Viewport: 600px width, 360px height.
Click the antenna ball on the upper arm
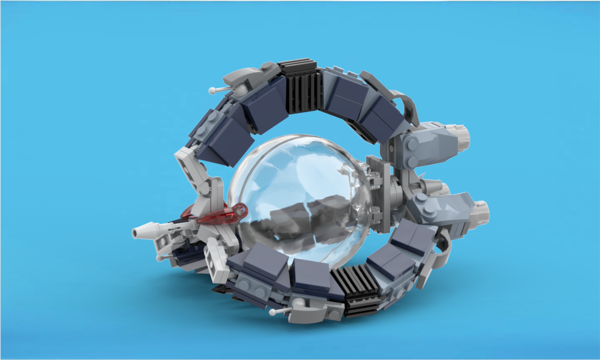click(x=212, y=91)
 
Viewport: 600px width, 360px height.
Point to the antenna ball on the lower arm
click(x=272, y=313)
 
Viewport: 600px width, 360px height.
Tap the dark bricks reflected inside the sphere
click(x=300, y=219)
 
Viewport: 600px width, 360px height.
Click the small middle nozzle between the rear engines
click(x=441, y=187)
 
